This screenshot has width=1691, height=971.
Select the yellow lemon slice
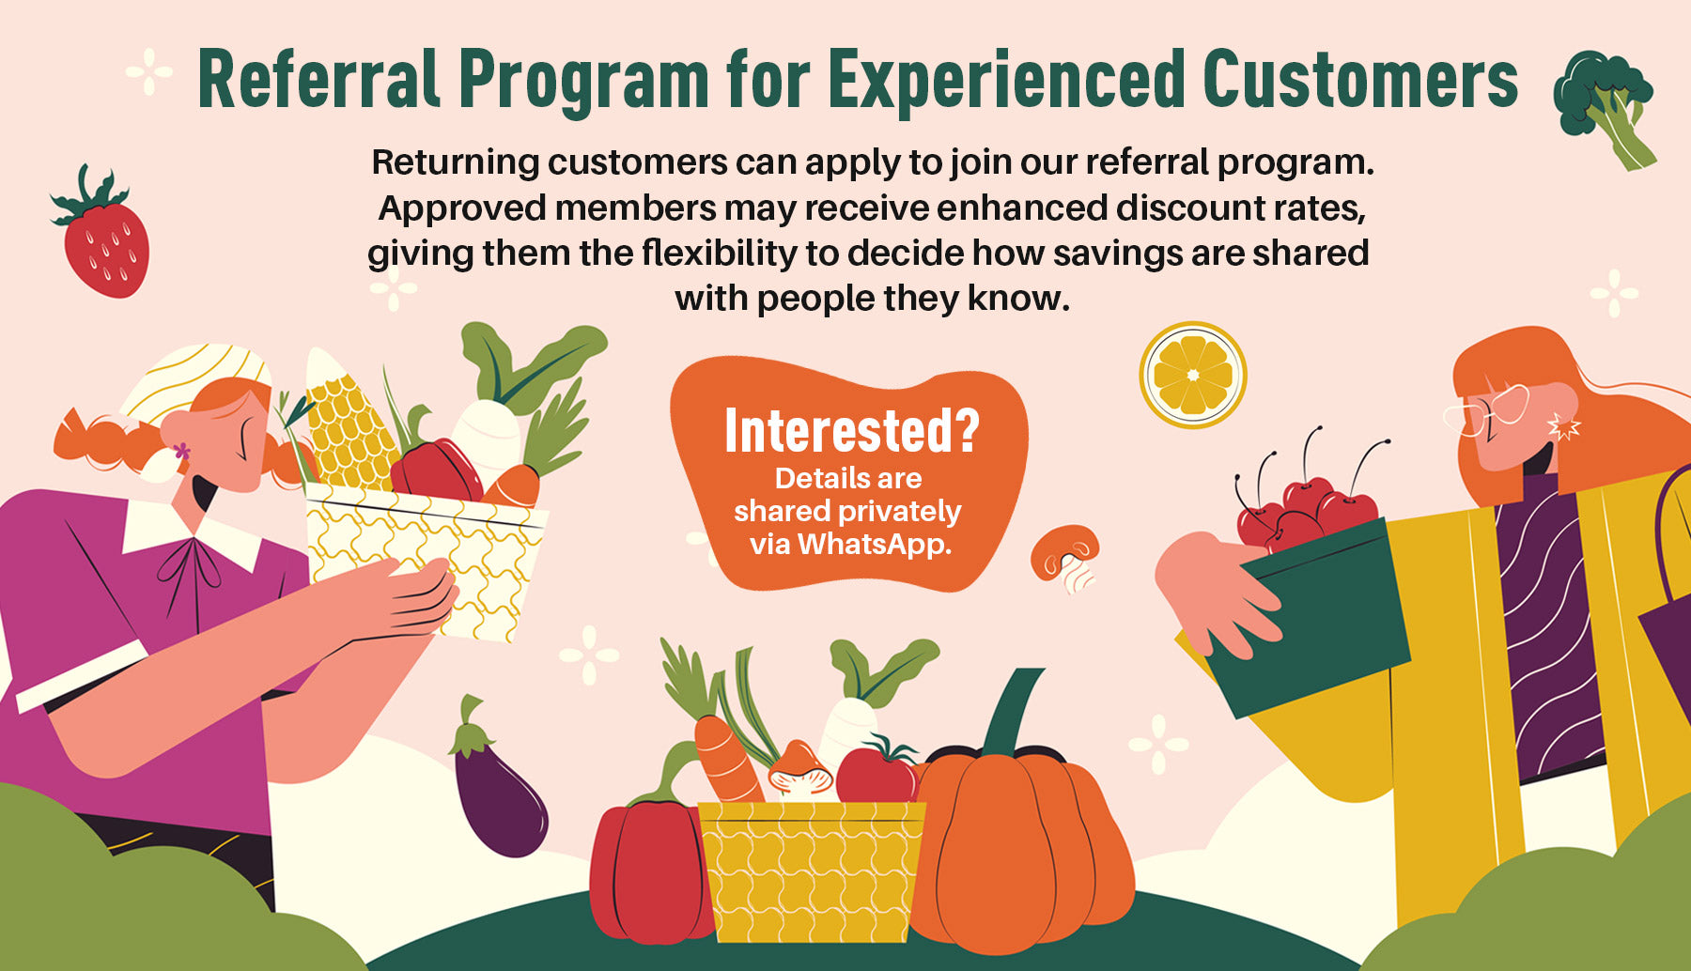pos(1193,376)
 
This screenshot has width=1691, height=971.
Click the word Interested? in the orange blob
pos(852,431)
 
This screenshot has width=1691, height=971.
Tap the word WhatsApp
pos(875,544)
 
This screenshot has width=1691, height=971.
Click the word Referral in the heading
pos(319,80)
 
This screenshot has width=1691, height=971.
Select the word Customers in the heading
pos(1360,80)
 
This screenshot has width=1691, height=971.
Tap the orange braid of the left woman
pos(103,441)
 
